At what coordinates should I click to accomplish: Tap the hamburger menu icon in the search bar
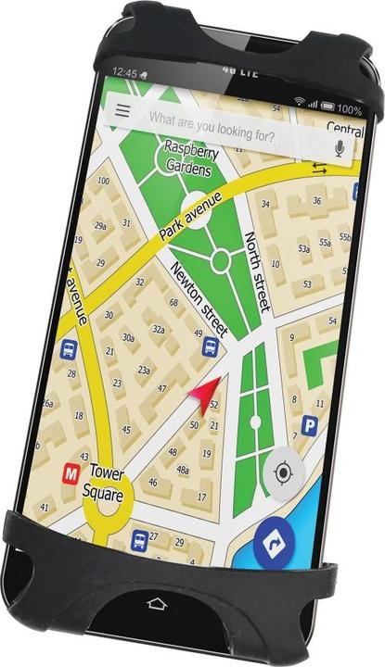[122, 110]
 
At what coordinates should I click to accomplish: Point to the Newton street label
[199, 297]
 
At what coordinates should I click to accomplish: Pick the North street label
[259, 272]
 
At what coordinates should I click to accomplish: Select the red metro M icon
[71, 472]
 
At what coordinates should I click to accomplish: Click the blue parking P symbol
[310, 426]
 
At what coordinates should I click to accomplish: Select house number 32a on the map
[159, 330]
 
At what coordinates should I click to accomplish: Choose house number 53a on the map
[303, 248]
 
